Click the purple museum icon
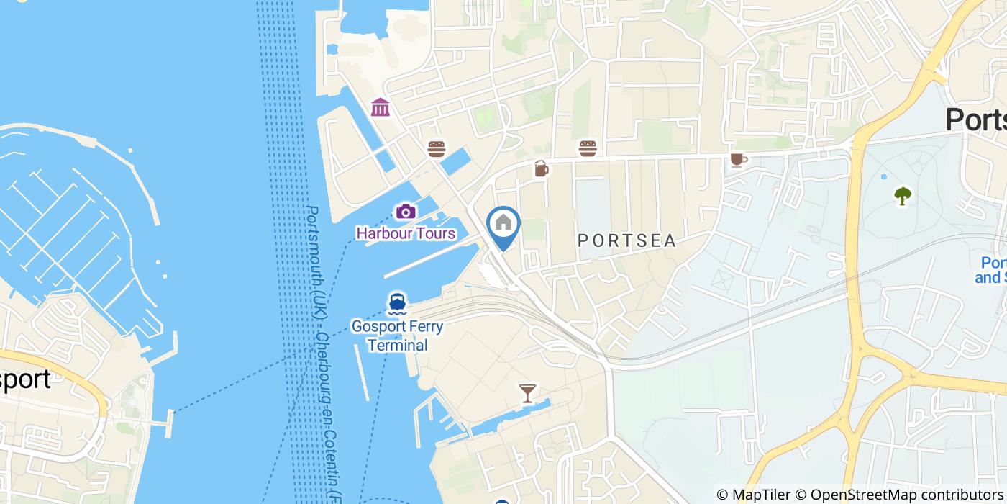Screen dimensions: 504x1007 click(381, 107)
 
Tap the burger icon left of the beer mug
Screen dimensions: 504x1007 click(436, 149)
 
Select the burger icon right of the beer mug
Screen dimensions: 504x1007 click(588, 148)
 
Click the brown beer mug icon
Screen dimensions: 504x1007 click(541, 168)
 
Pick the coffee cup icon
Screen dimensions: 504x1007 click(738, 159)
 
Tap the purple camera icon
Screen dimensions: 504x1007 click(406, 212)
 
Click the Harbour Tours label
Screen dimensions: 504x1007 click(406, 233)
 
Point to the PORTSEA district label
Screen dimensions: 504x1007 click(627, 241)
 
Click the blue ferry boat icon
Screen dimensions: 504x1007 click(396, 303)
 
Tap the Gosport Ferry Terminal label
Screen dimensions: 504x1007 click(397, 336)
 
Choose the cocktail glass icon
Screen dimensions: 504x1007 click(527, 393)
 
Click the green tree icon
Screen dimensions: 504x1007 click(902, 195)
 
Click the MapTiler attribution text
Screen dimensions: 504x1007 click(754, 495)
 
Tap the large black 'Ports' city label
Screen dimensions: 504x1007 click(975, 120)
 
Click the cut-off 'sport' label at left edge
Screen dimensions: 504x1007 click(26, 379)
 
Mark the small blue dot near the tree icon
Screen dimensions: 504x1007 click(883, 176)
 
